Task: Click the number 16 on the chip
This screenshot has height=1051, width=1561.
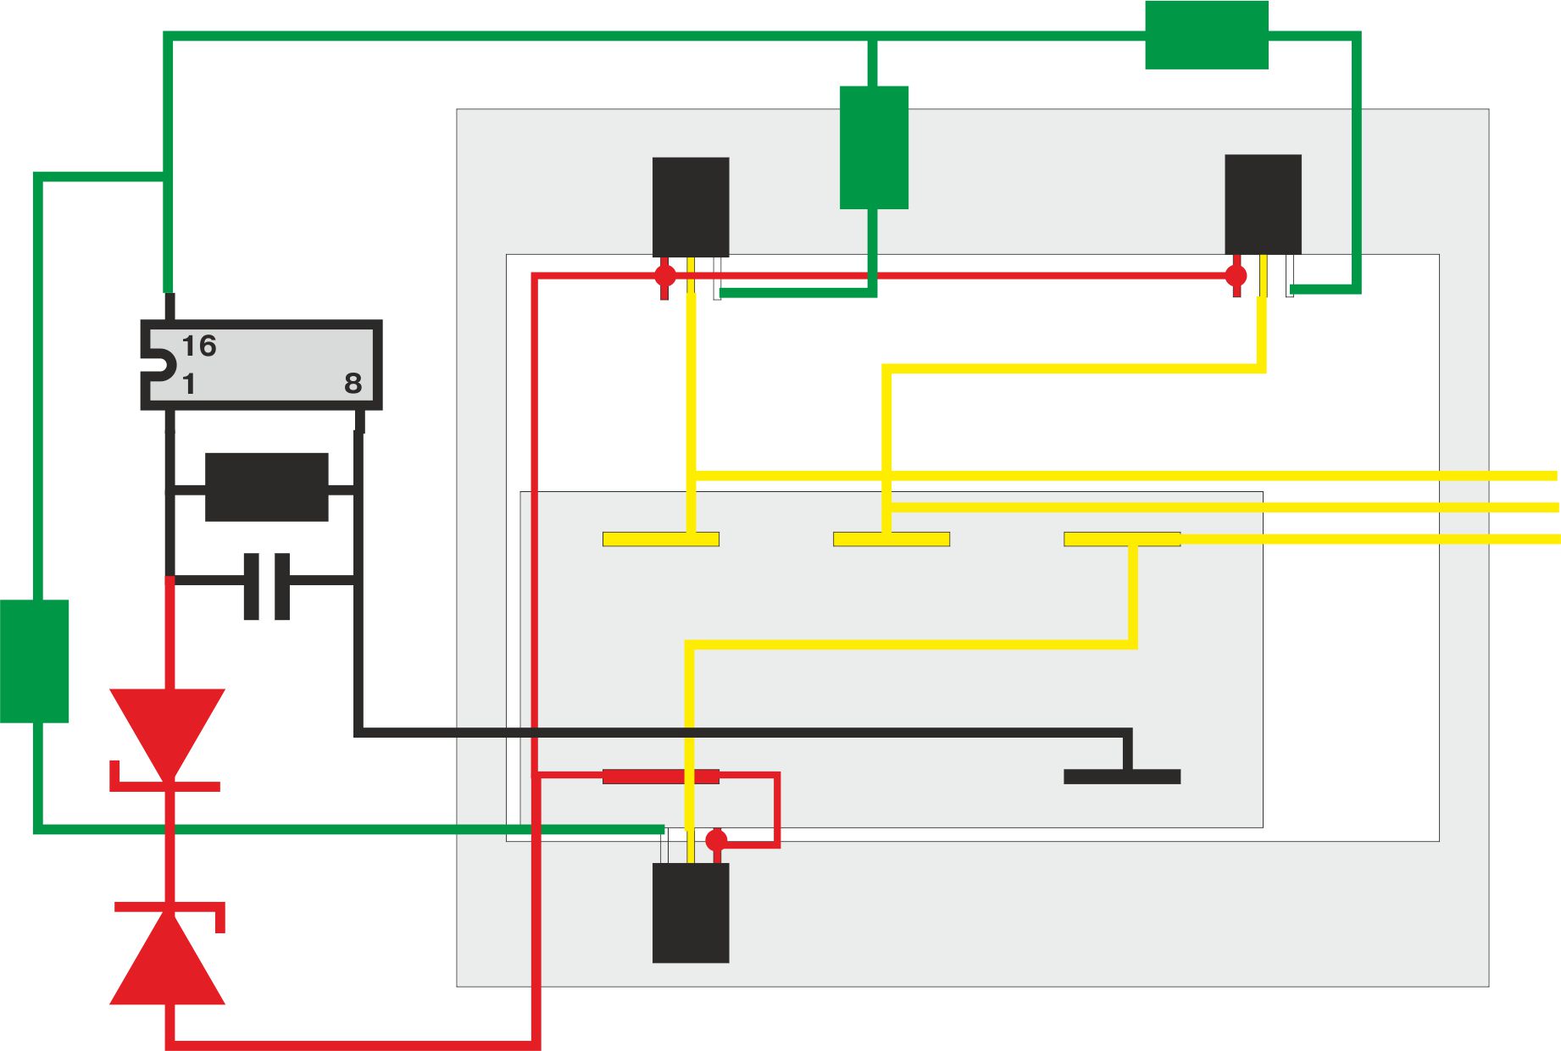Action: [199, 346]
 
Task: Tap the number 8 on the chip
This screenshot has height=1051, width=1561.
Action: [353, 384]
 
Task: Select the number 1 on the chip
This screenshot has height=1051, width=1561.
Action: [189, 384]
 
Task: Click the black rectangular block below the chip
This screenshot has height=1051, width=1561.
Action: [266, 487]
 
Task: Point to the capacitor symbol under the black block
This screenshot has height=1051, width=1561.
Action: [267, 586]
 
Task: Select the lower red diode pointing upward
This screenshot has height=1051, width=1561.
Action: [168, 954]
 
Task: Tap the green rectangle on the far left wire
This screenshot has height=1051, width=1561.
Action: [34, 661]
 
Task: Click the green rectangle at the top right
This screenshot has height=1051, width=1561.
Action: [1207, 35]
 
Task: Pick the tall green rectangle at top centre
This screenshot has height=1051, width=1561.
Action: [874, 147]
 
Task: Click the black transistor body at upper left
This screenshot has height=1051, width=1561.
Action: [691, 207]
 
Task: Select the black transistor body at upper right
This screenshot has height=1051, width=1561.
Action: [1264, 204]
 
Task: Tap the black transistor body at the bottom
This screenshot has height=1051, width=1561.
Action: [691, 913]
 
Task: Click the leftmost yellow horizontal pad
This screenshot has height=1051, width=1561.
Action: [661, 539]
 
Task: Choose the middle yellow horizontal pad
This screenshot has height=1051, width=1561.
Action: [892, 539]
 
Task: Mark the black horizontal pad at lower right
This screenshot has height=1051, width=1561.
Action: [1122, 777]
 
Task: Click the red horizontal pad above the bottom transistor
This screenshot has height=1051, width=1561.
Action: [661, 777]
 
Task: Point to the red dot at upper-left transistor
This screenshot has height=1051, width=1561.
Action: [665, 275]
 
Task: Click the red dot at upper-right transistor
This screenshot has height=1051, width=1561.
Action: [1236, 275]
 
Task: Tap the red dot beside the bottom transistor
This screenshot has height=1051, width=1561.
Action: [717, 840]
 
